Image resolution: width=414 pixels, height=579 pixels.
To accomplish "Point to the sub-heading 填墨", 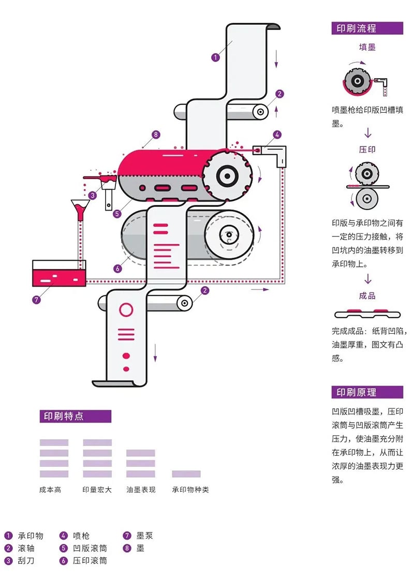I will click(x=367, y=47).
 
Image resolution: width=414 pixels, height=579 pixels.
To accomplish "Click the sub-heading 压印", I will click(x=367, y=150).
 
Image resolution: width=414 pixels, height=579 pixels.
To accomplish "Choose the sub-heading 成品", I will click(x=367, y=296).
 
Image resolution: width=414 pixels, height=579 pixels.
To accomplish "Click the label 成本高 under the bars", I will click(x=50, y=489).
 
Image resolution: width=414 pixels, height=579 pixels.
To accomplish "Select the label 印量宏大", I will click(x=97, y=489).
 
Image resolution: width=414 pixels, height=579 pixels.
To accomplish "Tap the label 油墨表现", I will click(x=141, y=489).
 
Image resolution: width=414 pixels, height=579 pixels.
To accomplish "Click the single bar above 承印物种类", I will click(x=186, y=474).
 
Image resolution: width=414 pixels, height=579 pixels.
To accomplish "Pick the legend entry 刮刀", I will click(x=26, y=560).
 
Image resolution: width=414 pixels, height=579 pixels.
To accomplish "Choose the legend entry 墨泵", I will click(x=144, y=536).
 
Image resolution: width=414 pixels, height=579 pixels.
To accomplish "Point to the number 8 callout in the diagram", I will click(x=156, y=135).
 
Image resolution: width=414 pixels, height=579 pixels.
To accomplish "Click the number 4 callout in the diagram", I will click(x=277, y=135).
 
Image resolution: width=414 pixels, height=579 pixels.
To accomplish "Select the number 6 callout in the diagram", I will click(x=117, y=269).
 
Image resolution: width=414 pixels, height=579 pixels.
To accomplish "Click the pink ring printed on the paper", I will click(x=126, y=310).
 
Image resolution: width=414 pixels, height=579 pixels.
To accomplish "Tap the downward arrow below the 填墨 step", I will click(x=367, y=133).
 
